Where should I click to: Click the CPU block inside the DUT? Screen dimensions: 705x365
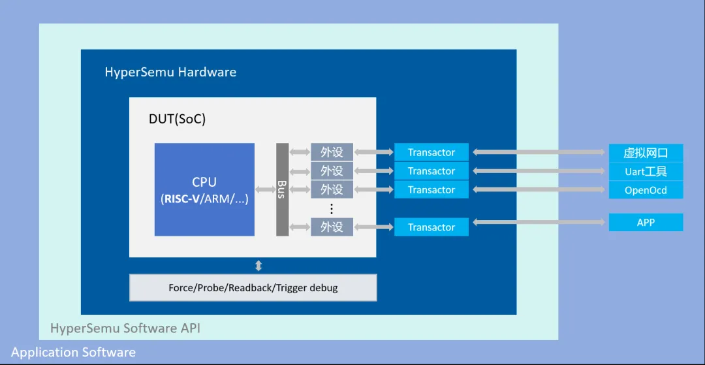204,189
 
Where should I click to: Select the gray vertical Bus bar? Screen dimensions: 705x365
283,189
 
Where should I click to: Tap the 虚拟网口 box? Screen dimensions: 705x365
646,153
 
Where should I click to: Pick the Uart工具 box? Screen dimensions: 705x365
646,171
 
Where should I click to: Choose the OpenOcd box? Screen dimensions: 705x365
646,190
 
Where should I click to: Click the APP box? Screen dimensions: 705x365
646,222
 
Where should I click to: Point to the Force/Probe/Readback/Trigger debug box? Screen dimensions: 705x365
253,288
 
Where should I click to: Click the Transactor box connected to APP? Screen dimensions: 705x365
431,227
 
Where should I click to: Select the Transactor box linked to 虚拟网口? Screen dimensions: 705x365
431,152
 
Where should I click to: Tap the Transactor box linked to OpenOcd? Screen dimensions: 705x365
431,190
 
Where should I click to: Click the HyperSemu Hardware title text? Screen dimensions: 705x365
170,72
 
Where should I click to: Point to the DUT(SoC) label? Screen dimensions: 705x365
177,119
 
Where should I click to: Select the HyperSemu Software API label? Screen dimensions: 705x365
125,328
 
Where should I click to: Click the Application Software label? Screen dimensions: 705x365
73,351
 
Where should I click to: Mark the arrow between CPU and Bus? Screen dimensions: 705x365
265,190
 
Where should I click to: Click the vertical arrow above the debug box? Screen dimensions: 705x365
258,266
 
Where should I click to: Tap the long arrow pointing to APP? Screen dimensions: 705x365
539,222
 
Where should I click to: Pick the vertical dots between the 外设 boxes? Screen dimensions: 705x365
332,208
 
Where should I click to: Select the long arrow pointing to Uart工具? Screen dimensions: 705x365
539,171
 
